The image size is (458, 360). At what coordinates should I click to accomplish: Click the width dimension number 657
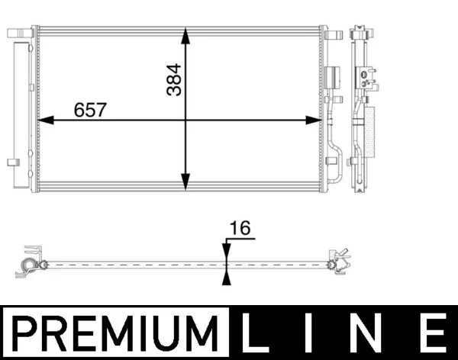[90, 110]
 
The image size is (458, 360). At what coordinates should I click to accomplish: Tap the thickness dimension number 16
[240, 228]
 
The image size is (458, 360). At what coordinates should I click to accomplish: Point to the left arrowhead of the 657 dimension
[44, 120]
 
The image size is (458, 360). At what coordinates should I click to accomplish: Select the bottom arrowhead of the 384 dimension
[185, 182]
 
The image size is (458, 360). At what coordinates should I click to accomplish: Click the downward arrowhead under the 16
[226, 249]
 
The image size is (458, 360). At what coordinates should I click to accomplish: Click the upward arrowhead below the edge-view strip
[226, 278]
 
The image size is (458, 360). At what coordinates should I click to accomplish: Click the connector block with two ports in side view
[367, 74]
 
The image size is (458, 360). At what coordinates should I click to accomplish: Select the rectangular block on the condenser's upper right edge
[332, 79]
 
